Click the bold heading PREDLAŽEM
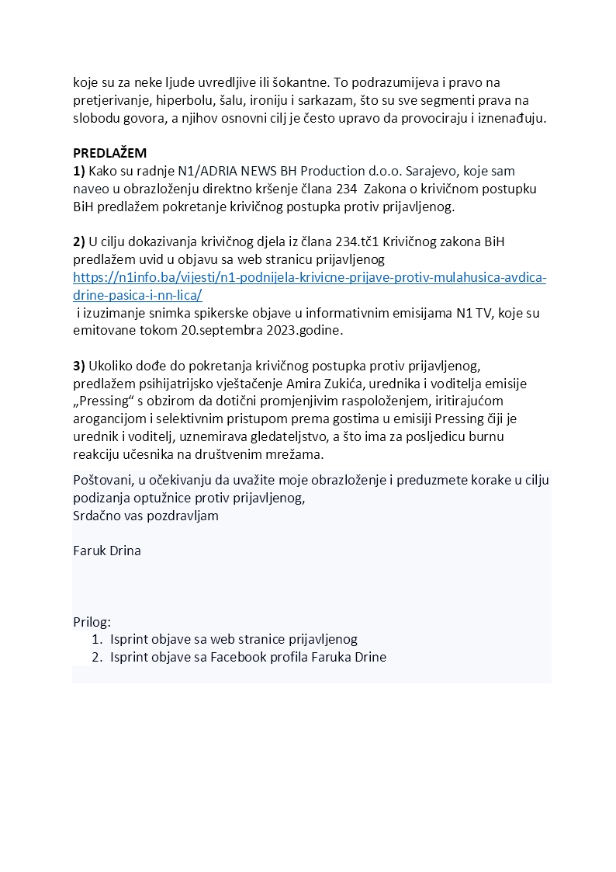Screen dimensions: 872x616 pos(109,154)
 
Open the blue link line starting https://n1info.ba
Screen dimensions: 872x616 pos(310,277)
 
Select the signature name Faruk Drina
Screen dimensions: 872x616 pos(107,551)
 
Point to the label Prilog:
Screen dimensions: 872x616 pos(92,622)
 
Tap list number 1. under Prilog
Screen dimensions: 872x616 pos(97,639)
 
